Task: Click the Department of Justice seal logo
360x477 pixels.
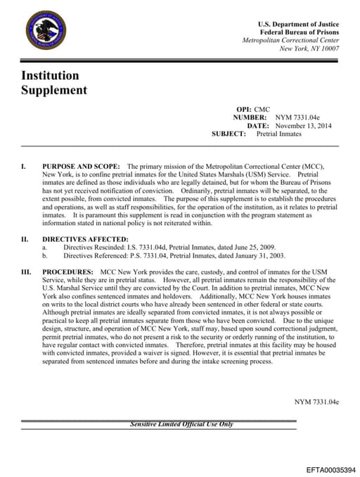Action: pos(46,32)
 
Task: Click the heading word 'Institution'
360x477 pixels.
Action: pos(49,75)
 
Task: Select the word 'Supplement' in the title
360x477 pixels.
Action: pos(54,90)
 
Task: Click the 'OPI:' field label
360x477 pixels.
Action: pos(243,110)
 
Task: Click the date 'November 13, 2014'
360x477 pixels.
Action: pos(303,125)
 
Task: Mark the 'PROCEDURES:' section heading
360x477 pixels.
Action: pos(68,271)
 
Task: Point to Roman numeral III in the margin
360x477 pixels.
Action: pos(26,271)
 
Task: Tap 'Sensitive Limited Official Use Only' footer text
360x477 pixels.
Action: pos(181,424)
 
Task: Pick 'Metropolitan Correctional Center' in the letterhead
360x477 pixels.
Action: pos(290,40)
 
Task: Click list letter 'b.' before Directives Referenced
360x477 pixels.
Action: pos(45,256)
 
